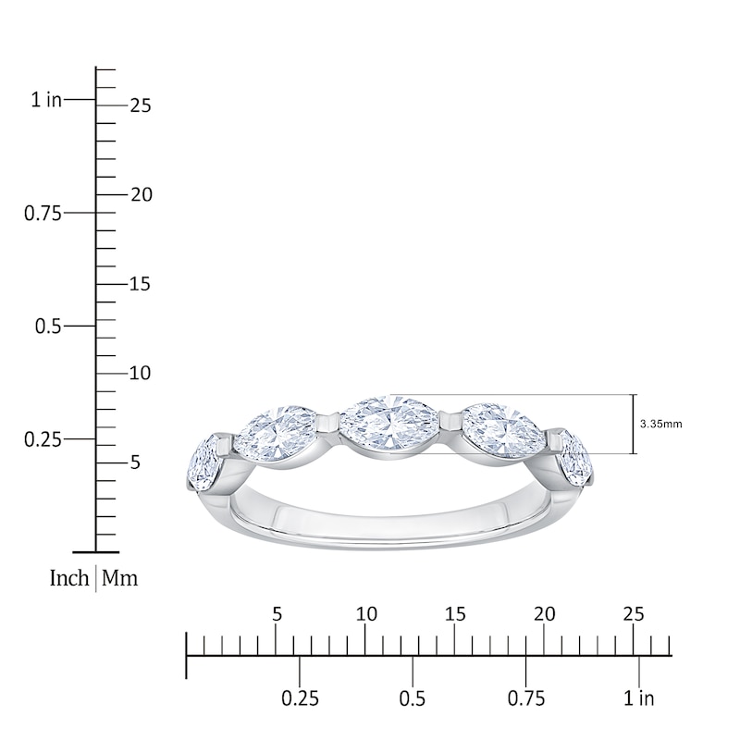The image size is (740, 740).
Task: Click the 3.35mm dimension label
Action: coord(660,425)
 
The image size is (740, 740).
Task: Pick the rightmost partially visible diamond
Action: coord(576,459)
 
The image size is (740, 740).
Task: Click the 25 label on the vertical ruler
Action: coord(141,105)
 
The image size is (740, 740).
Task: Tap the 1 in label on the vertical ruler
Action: coord(46,100)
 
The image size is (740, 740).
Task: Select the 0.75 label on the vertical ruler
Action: coord(42,213)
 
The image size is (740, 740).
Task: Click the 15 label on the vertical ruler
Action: coord(141,284)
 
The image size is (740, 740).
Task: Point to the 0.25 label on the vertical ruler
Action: coord(42,438)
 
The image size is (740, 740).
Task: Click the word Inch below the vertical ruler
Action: coord(69,579)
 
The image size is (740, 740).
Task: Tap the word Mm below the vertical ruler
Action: coord(119,579)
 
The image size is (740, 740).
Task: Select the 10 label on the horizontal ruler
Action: coord(366,615)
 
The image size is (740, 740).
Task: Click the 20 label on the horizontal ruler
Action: coord(545,615)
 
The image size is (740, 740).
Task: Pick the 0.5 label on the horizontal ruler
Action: coord(413,698)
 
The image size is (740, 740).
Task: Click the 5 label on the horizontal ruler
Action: coord(277,615)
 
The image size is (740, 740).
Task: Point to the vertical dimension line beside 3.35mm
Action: coord(634,425)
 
